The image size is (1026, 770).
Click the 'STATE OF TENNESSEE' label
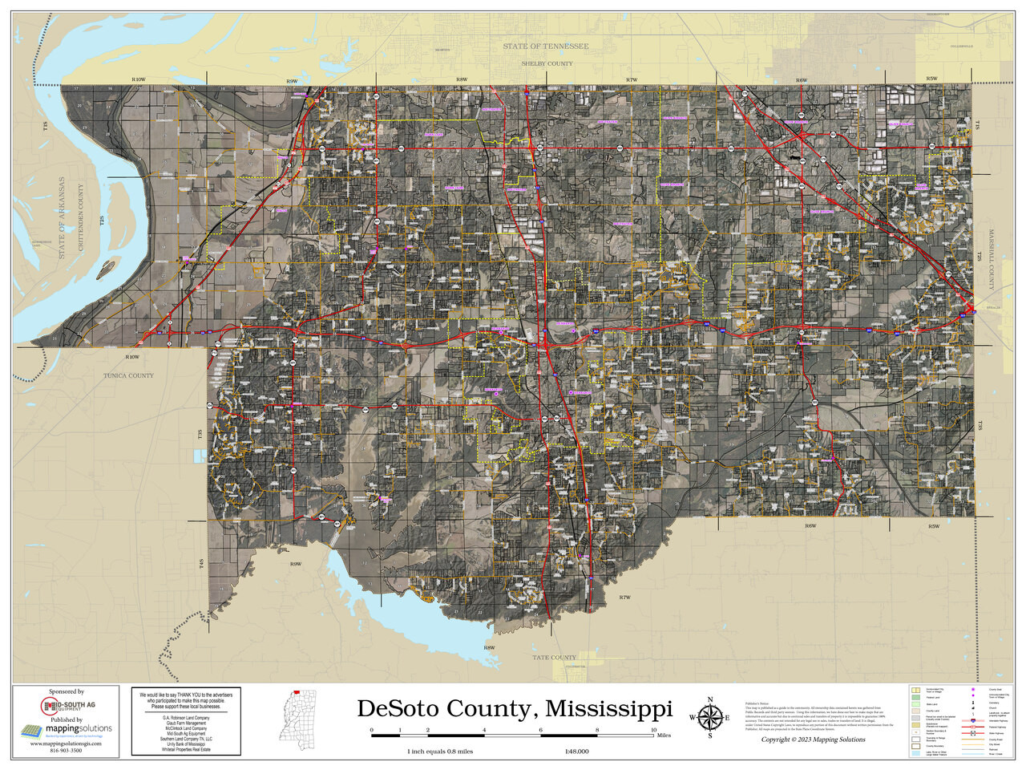545,47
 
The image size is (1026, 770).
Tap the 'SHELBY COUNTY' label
547,63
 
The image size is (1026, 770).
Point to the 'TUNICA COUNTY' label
128,375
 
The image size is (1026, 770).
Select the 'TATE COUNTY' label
555,657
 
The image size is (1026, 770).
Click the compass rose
710,716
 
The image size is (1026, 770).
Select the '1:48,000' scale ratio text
577,752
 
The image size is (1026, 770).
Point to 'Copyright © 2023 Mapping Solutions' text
813,740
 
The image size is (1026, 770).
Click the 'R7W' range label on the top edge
631,80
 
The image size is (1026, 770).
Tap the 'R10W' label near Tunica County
132,356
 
